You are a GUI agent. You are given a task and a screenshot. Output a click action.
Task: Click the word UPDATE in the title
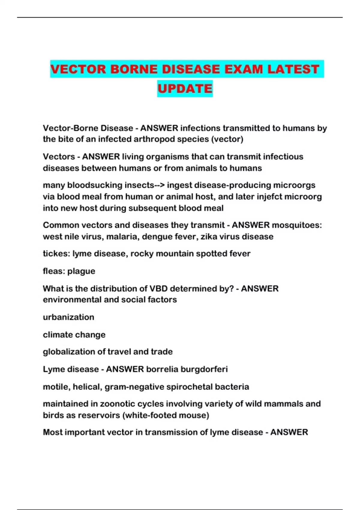[x=185, y=88]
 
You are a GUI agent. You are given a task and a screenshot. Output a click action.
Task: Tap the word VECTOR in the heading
[x=78, y=69]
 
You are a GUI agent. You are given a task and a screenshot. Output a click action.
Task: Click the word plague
[x=81, y=271]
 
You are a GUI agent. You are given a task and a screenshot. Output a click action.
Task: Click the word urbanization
[x=68, y=317]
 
